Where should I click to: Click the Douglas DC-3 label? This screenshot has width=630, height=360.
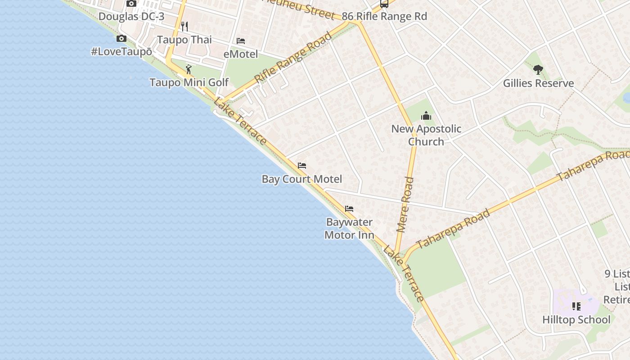click(131, 17)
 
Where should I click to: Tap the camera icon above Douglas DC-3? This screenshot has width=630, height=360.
click(131, 4)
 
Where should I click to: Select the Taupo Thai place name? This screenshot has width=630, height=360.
click(184, 40)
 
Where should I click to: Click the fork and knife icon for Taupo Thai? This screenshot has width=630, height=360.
click(184, 26)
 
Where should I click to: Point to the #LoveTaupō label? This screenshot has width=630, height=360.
click(121, 52)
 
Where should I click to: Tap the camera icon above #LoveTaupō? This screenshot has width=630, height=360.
click(121, 39)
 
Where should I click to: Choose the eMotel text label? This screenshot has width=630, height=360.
click(241, 54)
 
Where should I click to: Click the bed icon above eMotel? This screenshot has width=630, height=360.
click(241, 41)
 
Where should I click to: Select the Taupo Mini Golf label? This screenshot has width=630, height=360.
click(189, 83)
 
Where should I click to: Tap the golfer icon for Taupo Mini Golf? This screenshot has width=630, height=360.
click(189, 69)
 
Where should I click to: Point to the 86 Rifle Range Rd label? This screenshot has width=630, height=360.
click(384, 17)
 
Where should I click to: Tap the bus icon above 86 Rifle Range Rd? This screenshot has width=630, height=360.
click(384, 4)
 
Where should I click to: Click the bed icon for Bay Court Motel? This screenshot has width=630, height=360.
click(302, 166)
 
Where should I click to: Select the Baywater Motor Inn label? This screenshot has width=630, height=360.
click(349, 228)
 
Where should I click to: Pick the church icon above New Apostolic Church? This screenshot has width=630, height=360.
click(426, 116)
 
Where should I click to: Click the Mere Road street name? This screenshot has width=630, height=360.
click(405, 205)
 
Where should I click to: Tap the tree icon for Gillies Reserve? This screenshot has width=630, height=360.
click(538, 70)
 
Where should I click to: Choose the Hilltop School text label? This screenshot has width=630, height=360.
click(576, 320)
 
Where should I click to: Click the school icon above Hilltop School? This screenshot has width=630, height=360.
click(576, 306)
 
